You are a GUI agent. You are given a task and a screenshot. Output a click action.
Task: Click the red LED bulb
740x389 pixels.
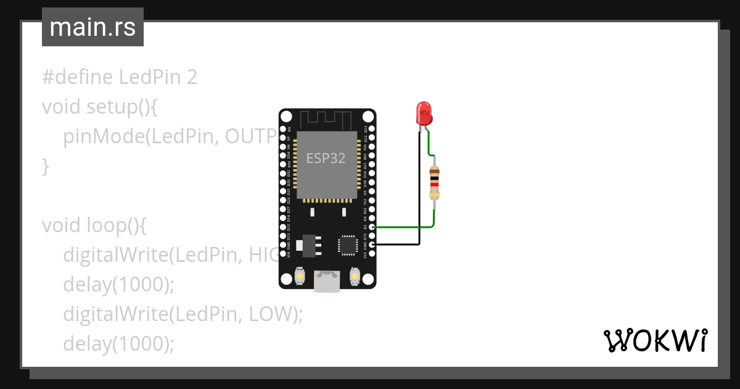tap(424, 113)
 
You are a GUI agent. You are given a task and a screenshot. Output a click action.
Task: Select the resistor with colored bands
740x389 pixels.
tap(434, 183)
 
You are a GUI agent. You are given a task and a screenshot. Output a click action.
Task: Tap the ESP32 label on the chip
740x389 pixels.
tap(326, 158)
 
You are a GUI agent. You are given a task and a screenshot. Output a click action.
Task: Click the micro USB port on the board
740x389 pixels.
tap(327, 282)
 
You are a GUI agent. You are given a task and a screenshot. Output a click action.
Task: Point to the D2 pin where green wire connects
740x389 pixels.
tap(371, 227)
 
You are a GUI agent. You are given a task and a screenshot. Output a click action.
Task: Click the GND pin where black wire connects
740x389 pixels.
tap(371, 245)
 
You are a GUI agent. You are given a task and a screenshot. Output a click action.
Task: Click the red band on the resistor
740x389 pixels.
tap(434, 184)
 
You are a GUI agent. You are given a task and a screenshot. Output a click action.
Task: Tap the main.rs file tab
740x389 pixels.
tap(92, 28)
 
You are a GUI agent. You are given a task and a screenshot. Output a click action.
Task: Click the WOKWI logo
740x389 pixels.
tap(654, 340)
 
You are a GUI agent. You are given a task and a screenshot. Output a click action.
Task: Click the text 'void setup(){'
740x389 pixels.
tap(101, 107)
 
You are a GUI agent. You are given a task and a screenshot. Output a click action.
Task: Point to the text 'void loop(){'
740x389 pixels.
tap(94, 225)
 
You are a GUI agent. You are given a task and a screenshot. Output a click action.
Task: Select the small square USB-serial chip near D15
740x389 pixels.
tap(347, 245)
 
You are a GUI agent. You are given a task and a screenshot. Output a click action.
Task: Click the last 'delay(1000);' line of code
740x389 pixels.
tap(118, 343)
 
